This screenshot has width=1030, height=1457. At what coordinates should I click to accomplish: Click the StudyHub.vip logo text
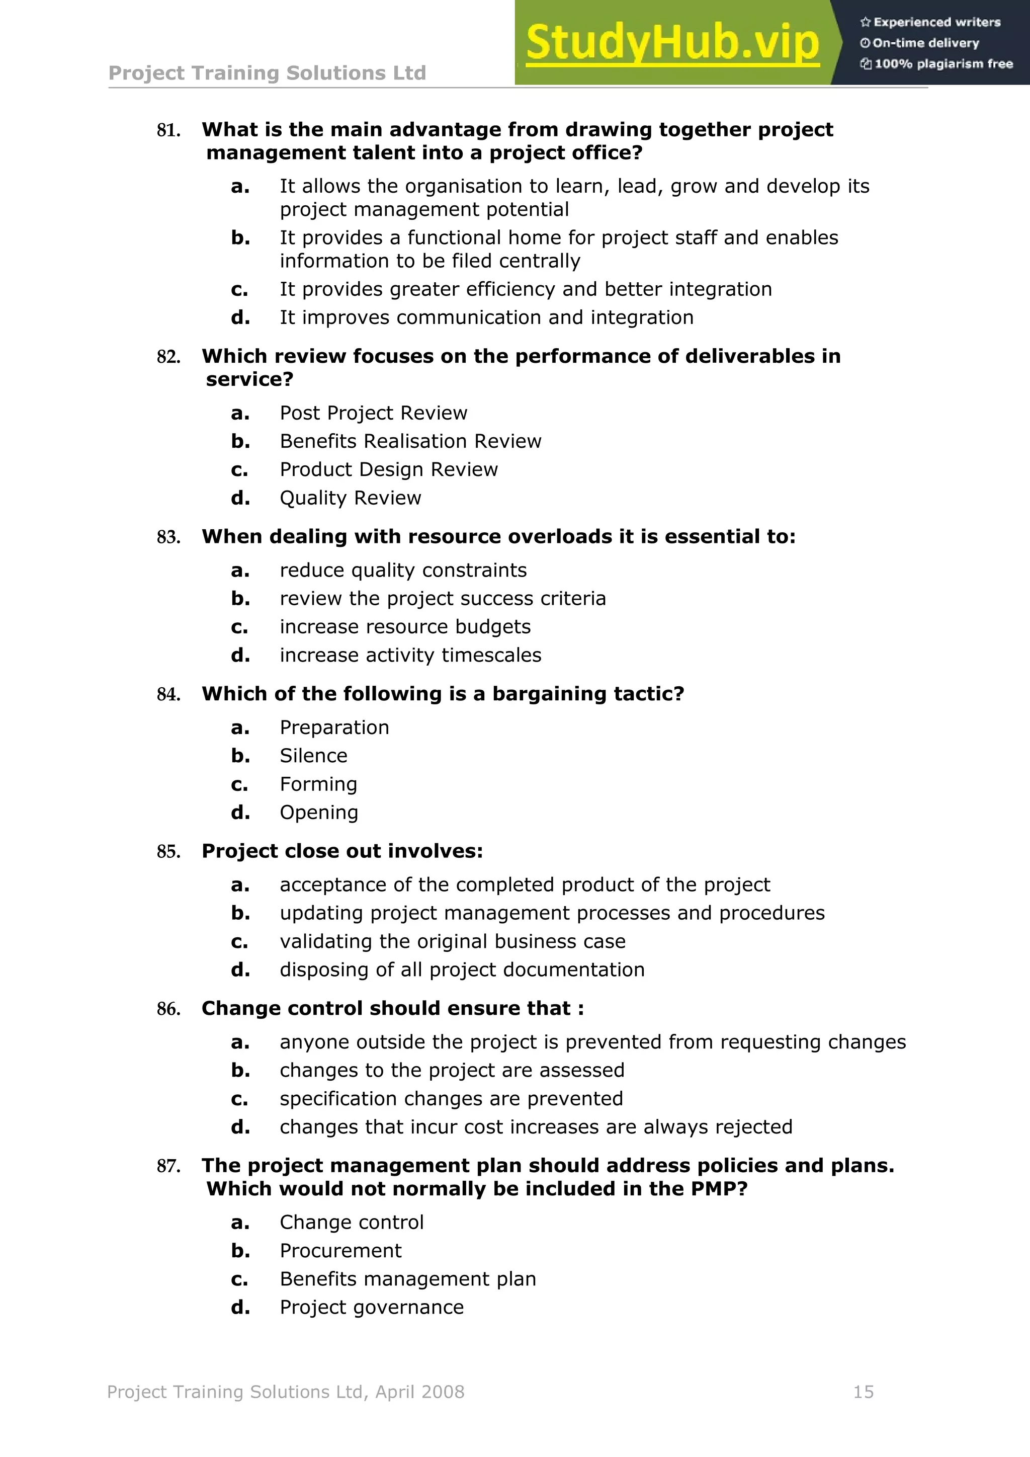click(672, 43)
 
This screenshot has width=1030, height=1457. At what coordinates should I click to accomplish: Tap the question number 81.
click(168, 131)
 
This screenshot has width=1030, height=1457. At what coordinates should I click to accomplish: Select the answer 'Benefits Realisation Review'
click(410, 441)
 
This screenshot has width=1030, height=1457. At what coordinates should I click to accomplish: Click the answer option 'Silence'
click(313, 756)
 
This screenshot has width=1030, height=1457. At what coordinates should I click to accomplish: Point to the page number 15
click(863, 1392)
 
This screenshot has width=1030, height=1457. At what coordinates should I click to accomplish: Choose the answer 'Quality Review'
click(350, 498)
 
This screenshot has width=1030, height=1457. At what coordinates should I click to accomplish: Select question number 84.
click(168, 695)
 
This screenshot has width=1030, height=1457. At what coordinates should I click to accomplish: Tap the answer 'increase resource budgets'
click(405, 627)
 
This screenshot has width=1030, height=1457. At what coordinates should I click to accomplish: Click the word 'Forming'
click(318, 784)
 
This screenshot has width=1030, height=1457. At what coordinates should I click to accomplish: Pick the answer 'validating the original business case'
click(452, 942)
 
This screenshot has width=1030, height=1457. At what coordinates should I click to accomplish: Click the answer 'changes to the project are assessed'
click(452, 1071)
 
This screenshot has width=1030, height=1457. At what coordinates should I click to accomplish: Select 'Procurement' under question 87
click(340, 1251)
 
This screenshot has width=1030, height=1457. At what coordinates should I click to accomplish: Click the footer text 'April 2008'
click(420, 1392)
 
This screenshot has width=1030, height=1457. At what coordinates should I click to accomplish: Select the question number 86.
click(168, 1010)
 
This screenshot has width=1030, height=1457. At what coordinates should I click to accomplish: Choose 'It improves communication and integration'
click(486, 317)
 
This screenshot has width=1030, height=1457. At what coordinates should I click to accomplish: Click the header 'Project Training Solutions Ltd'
click(267, 73)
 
